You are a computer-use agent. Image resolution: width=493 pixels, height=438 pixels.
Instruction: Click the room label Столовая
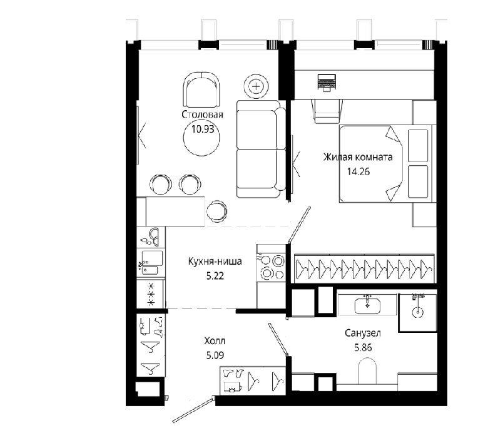(x=202, y=115)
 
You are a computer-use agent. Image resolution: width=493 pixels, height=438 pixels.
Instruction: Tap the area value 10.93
(x=203, y=129)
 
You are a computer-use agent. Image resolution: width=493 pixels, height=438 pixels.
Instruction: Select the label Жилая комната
(x=358, y=157)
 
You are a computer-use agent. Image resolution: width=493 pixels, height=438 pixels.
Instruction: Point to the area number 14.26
(x=358, y=171)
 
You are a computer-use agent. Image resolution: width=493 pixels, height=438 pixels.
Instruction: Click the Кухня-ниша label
(x=215, y=262)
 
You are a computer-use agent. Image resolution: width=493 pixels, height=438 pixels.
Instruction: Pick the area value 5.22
(x=215, y=276)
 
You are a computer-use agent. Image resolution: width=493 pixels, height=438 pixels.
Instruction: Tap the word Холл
(x=215, y=341)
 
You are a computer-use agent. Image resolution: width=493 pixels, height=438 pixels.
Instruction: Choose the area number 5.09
(x=215, y=355)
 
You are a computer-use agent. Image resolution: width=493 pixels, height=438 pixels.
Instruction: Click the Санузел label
(x=363, y=333)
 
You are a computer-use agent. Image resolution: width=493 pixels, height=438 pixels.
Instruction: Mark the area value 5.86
(x=363, y=348)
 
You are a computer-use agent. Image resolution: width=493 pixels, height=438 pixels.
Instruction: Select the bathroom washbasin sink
(x=367, y=305)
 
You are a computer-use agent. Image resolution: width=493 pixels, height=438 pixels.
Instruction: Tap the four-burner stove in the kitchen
(x=271, y=267)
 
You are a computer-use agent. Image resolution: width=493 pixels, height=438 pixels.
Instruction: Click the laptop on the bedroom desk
(x=327, y=83)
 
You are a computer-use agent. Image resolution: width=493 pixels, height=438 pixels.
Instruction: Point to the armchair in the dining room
(x=201, y=90)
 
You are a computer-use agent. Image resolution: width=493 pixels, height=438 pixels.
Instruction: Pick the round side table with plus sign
(x=257, y=86)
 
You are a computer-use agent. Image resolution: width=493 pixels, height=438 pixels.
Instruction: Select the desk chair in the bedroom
(x=327, y=111)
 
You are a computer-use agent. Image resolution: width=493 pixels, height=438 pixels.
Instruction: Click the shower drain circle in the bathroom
(x=418, y=312)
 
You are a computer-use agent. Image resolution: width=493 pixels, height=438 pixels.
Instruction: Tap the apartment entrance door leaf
(x=194, y=409)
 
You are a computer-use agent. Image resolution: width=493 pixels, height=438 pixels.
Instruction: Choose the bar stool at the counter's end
(x=216, y=211)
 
